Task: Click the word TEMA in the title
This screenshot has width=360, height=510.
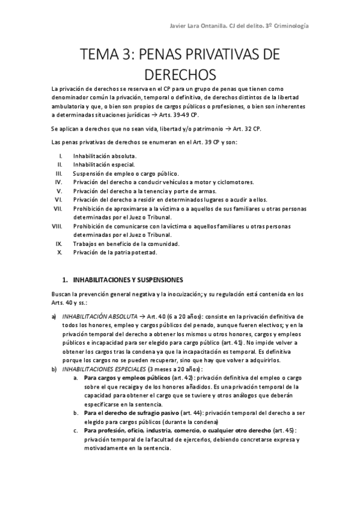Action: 99,57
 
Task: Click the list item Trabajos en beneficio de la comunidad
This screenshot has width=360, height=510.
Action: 127,244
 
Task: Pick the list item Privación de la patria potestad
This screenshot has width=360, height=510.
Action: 115,253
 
